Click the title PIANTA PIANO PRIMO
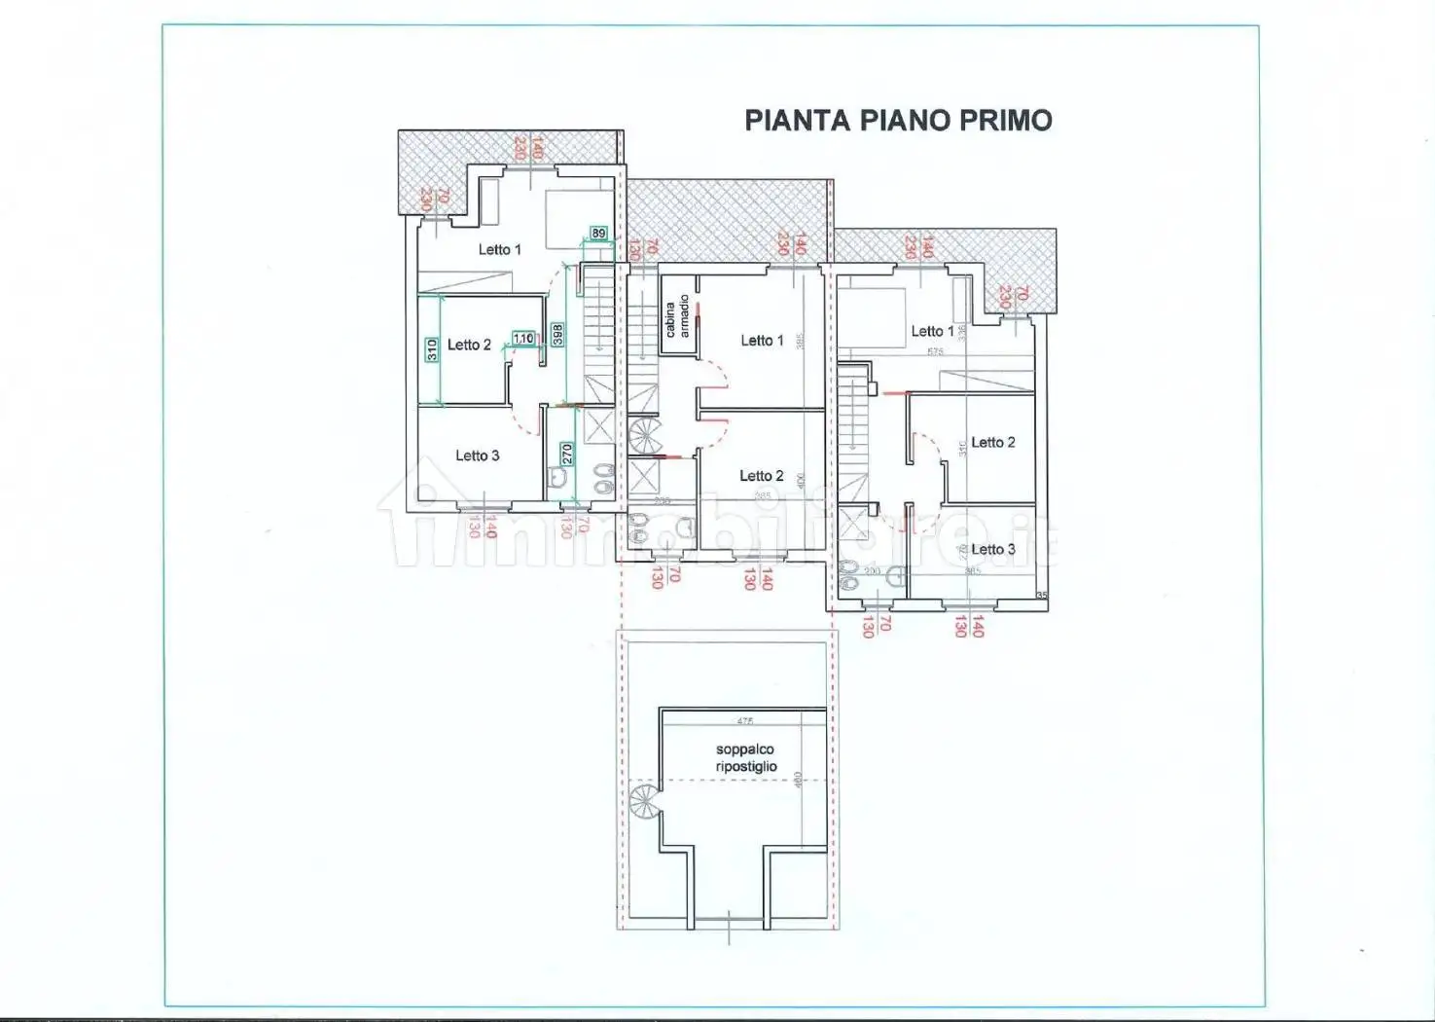click(898, 121)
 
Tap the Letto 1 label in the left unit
click(499, 250)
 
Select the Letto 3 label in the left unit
click(477, 456)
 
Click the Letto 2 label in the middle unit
click(761, 476)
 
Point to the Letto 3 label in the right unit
click(992, 550)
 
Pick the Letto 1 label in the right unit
click(932, 332)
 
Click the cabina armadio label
click(677, 317)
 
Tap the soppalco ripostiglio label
click(746, 758)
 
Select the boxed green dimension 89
click(599, 234)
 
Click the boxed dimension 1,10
click(523, 339)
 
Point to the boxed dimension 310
click(431, 349)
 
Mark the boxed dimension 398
click(557, 335)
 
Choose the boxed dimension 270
click(566, 455)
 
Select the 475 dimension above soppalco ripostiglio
click(745, 721)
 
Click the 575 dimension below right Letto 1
click(935, 352)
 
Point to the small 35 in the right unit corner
click(1042, 596)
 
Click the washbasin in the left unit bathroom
click(557, 478)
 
